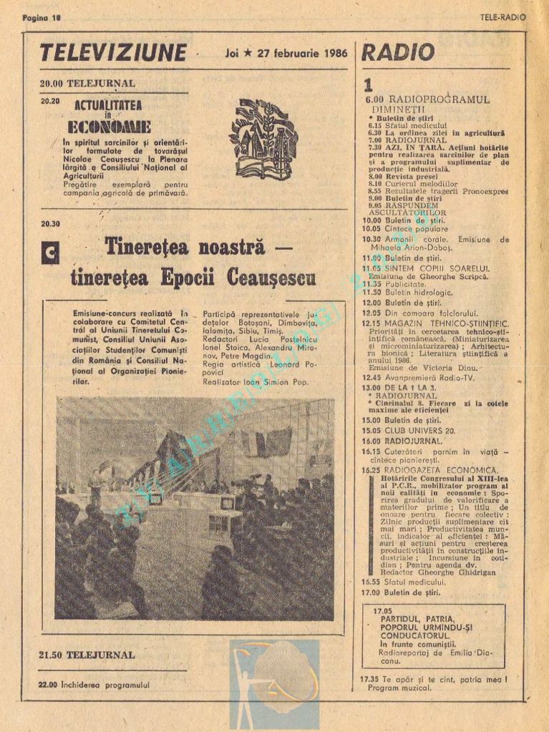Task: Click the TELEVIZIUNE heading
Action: coord(113,53)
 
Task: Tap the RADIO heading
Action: coord(398,52)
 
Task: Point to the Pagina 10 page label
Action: coord(42,17)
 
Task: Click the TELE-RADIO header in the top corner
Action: coord(503,17)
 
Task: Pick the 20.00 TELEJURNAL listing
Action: coord(87,83)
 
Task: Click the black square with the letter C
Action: coord(50,253)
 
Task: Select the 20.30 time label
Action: coord(50,223)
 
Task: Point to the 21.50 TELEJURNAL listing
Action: coord(87,654)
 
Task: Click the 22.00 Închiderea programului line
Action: coord(94,684)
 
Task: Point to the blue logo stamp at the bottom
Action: coord(274,683)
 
